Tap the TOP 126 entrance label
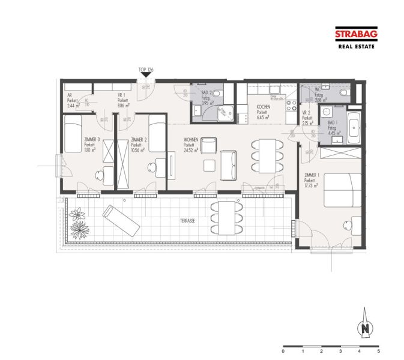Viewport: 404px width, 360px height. [x=146, y=70]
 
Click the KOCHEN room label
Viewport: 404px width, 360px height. [x=263, y=108]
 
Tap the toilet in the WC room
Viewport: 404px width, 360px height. [x=344, y=94]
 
